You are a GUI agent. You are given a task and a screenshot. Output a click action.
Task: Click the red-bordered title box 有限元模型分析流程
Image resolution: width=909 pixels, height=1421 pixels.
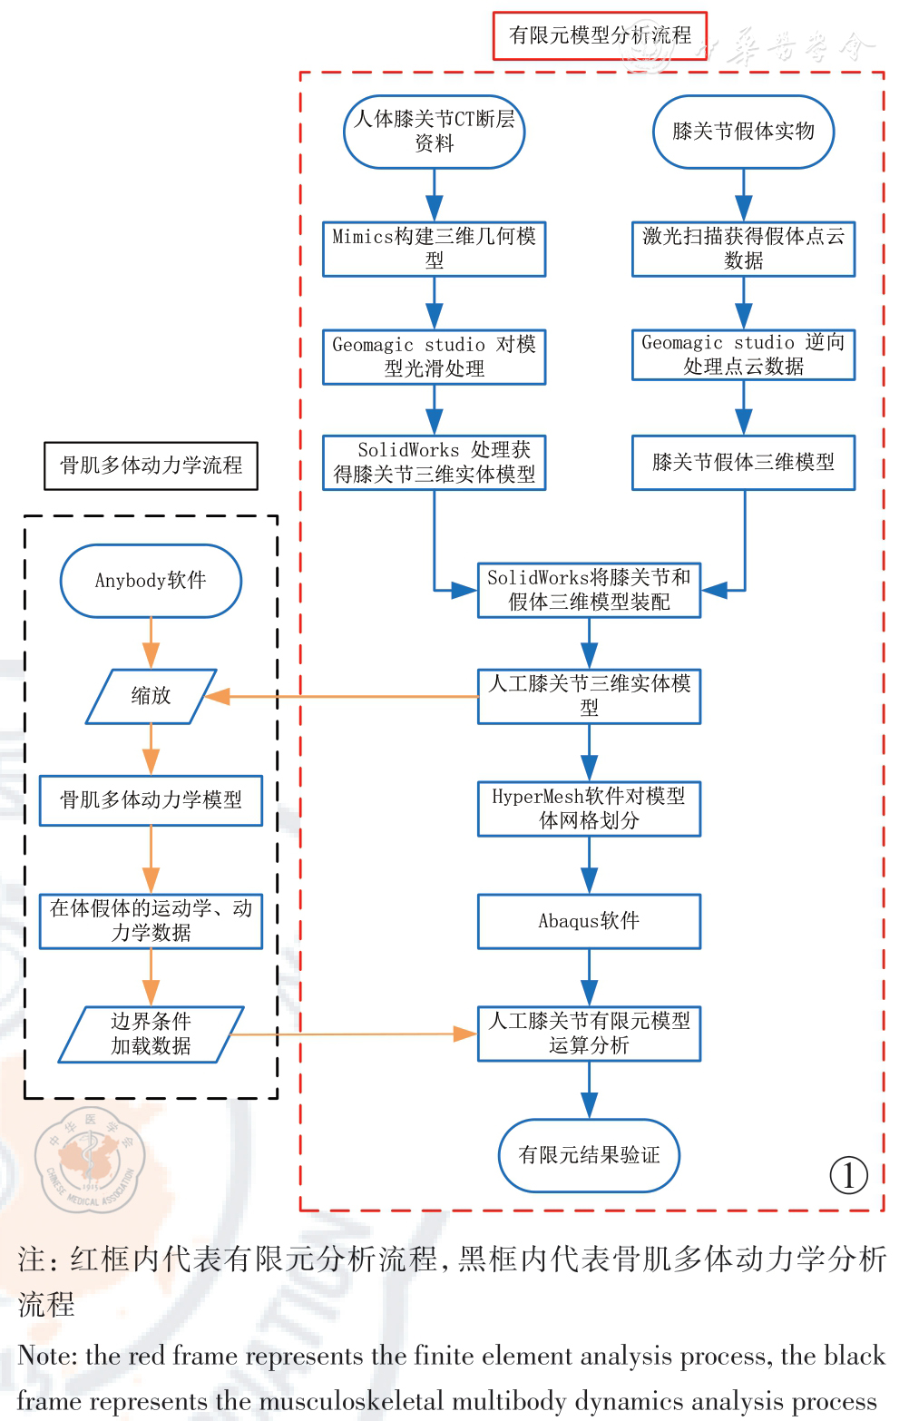point(600,35)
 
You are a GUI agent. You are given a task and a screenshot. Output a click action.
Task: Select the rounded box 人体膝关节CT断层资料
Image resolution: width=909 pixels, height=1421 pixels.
point(434,132)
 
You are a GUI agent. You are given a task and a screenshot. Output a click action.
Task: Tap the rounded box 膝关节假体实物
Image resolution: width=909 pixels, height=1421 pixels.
point(743,132)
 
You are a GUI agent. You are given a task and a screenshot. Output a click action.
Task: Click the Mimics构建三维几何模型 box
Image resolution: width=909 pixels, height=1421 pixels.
point(434,249)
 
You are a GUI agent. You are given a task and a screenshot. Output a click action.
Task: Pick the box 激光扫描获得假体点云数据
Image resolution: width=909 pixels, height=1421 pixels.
point(743,249)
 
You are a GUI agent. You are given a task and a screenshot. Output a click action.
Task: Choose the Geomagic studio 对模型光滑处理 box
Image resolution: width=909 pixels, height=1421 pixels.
point(434,357)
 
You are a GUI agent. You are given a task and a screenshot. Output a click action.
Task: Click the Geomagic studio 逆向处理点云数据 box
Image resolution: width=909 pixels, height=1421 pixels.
point(743,355)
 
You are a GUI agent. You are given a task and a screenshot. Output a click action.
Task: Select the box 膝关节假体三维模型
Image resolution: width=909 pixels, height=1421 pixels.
point(743,463)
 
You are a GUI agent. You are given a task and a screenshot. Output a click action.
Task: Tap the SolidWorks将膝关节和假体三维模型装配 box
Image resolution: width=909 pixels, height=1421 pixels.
point(589,590)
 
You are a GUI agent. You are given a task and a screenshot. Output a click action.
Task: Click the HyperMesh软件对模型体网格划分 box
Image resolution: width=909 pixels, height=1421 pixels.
point(589,808)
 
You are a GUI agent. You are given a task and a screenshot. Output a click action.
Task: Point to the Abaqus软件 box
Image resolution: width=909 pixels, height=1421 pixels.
point(589,921)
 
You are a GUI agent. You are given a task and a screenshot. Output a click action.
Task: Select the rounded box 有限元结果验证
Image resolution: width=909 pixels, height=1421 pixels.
point(589,1155)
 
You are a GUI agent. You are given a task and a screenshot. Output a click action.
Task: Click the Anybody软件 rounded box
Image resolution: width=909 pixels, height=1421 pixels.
point(151,581)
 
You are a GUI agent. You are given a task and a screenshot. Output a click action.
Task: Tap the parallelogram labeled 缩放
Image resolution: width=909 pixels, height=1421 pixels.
point(151,696)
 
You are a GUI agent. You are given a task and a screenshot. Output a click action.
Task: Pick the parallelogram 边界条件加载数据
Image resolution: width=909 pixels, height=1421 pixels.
point(151,1034)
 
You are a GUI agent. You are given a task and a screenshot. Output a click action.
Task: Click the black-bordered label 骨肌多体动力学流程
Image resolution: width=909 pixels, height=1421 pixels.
point(151,465)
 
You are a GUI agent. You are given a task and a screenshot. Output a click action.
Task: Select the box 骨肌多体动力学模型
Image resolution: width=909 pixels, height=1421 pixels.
point(151,800)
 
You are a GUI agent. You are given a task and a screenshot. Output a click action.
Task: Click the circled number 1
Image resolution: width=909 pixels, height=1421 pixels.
point(848,1176)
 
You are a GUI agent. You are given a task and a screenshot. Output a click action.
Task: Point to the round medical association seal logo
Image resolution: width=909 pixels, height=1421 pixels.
point(89,1161)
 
